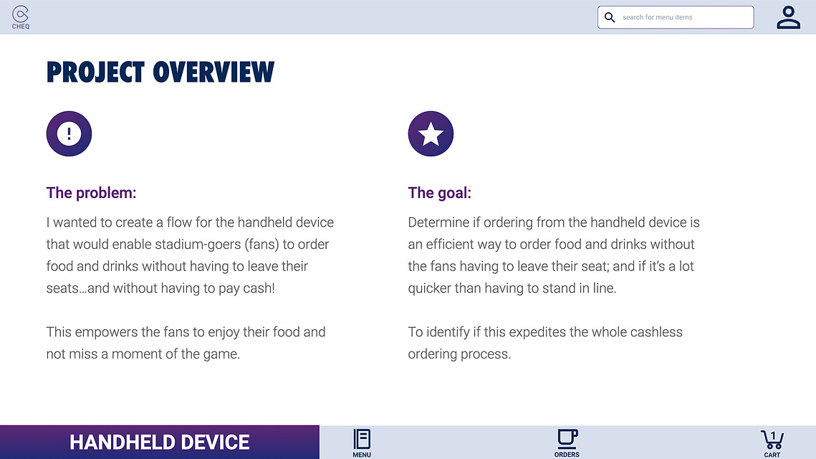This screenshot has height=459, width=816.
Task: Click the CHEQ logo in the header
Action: (x=20, y=17)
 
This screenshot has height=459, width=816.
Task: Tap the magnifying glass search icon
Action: (x=610, y=17)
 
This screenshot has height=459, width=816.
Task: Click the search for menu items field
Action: (x=676, y=17)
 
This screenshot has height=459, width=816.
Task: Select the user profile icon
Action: (x=789, y=17)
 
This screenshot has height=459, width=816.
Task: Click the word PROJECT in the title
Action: (x=95, y=72)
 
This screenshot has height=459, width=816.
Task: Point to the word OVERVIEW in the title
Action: (x=213, y=72)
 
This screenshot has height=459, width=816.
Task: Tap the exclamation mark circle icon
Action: (x=69, y=133)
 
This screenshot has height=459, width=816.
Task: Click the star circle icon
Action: (x=431, y=133)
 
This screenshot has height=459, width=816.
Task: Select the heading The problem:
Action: (x=91, y=193)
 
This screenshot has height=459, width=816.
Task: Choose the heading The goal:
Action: (x=440, y=193)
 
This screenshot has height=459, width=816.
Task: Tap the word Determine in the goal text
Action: (x=438, y=222)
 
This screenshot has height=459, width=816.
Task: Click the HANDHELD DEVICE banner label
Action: (x=160, y=443)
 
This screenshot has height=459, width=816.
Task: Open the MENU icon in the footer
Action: (x=362, y=443)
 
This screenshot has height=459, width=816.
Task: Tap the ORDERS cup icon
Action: (x=567, y=443)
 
